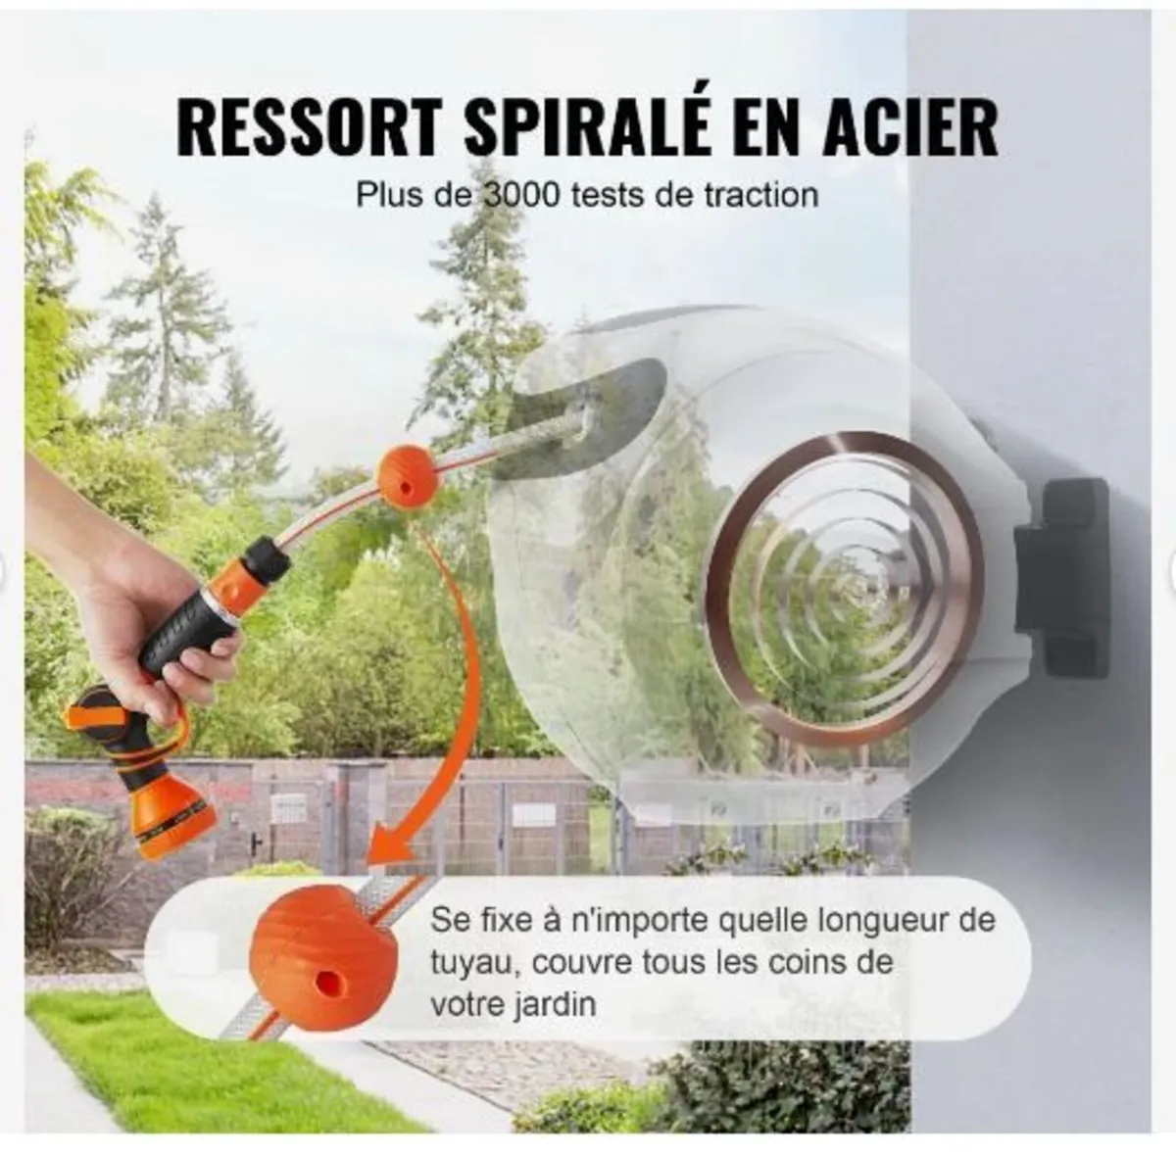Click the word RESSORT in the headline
point(308,126)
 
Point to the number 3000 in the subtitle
point(521,194)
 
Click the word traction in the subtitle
point(760,194)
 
